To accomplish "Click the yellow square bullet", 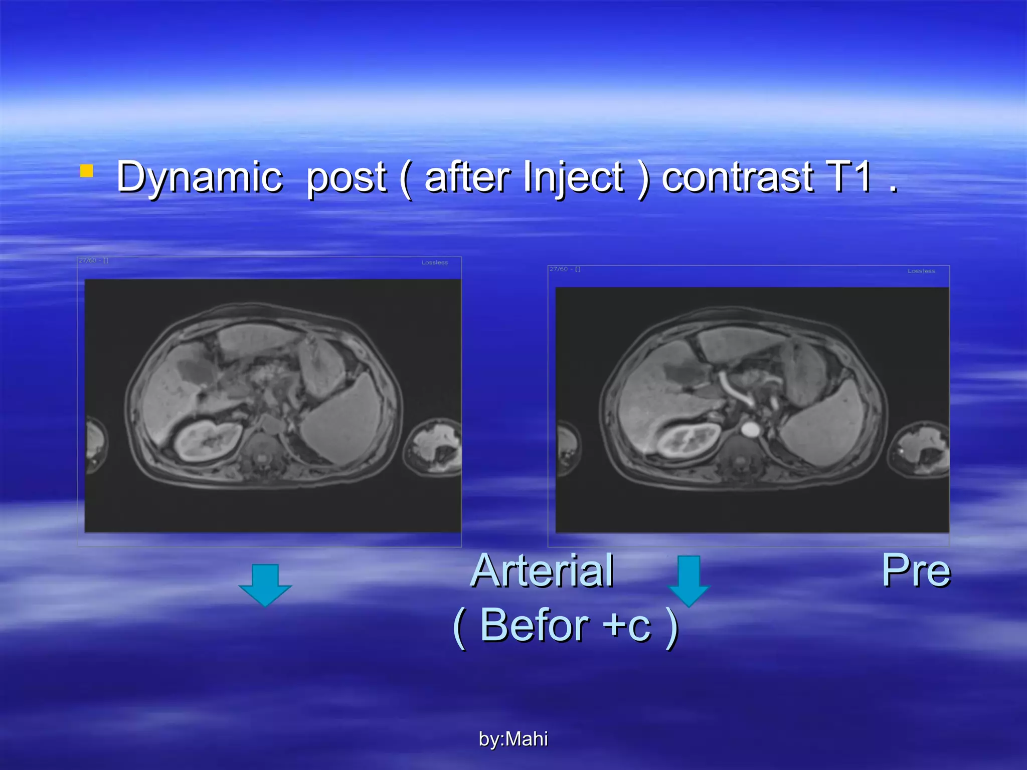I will click(x=86, y=171).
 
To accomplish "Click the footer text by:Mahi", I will click(x=513, y=739).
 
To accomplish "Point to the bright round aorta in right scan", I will click(x=750, y=429).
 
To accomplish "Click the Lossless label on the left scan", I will click(x=434, y=263).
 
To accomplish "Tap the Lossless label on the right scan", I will click(x=921, y=271).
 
